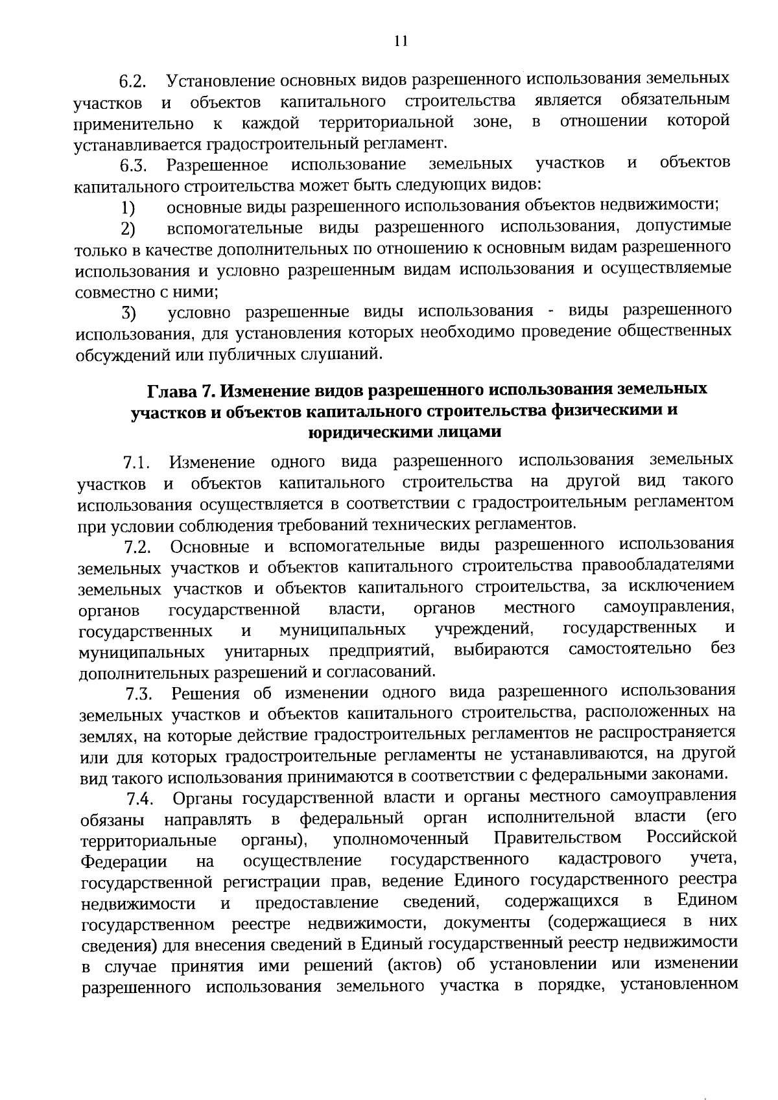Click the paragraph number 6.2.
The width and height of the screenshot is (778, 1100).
(133, 83)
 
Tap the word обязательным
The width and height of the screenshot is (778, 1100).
(675, 100)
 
